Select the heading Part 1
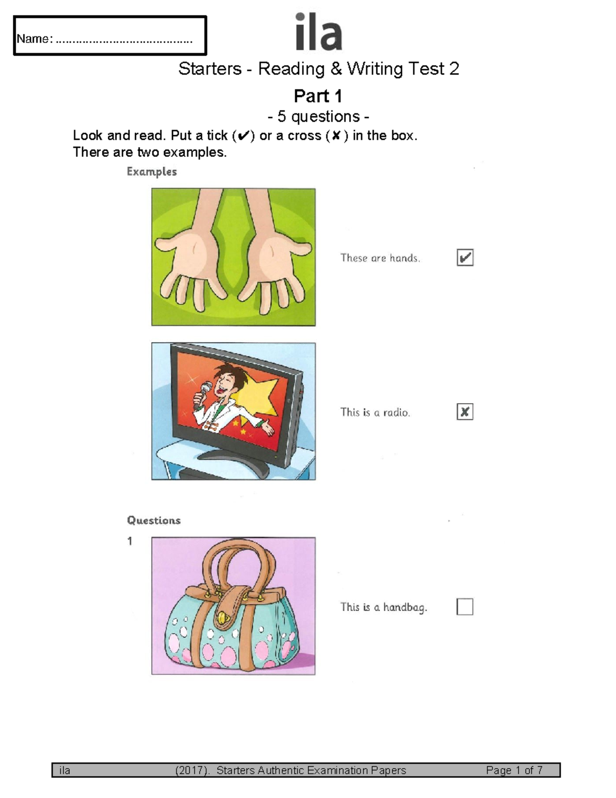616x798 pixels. coord(318,96)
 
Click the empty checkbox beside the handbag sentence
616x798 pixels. coord(465,606)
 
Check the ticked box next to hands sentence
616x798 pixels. coord(465,257)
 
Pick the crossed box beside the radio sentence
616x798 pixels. coord(465,412)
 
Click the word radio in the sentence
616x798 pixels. coord(396,413)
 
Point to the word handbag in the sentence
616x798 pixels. coord(405,608)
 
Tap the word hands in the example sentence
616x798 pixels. coord(405,258)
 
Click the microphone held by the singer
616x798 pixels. coord(202,393)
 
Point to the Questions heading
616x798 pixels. coord(153,521)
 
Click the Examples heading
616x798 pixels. coord(152,172)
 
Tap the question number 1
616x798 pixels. coord(129,541)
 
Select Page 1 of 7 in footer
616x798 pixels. coord(514,770)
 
